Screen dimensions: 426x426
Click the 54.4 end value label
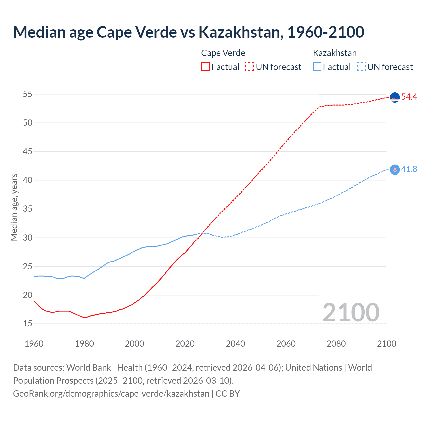click(409, 97)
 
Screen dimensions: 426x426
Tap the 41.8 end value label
click(409, 169)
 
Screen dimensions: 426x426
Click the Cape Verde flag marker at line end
click(394, 97)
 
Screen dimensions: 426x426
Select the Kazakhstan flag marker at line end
click(394, 170)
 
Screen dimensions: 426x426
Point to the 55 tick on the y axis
click(28, 94)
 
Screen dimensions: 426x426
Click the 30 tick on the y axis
click(28, 238)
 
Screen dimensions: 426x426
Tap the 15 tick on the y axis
click(28, 324)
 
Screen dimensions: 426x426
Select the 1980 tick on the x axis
click(84, 344)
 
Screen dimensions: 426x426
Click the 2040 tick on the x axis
click(235, 344)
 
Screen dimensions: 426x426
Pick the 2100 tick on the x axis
click(386, 344)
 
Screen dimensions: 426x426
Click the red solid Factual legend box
click(205, 67)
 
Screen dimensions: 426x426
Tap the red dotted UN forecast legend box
click(250, 67)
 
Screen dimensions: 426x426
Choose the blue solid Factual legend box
click(317, 67)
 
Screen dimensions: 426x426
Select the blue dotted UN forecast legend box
click(361, 67)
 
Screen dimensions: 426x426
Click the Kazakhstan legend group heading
click(334, 53)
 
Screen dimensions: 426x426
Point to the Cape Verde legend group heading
click(223, 53)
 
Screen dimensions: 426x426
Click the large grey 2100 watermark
click(351, 313)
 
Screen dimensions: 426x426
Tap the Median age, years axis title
click(14, 207)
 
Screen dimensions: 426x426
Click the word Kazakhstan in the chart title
click(241, 32)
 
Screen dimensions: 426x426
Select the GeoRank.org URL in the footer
click(111, 394)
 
